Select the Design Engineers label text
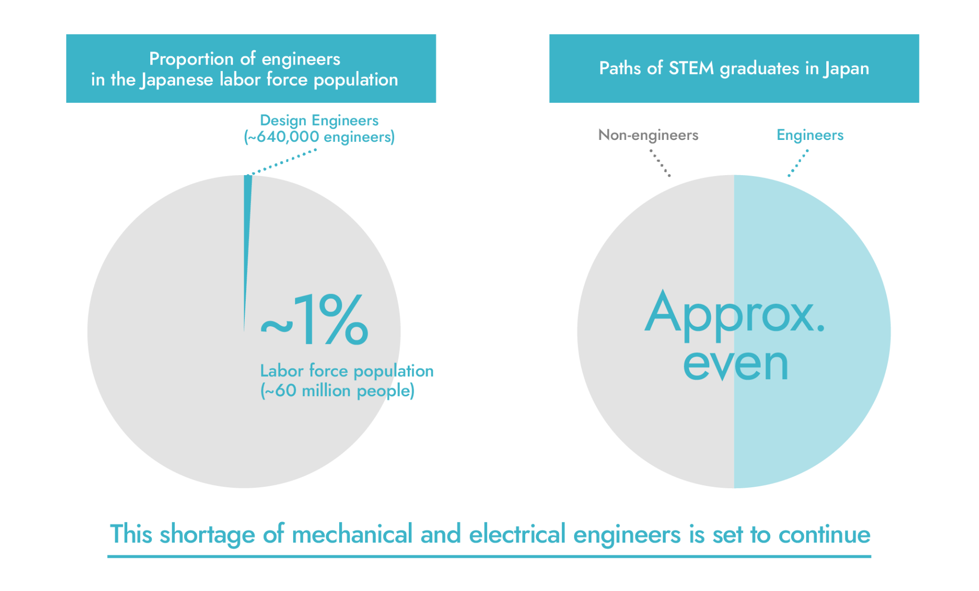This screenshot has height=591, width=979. [x=319, y=120]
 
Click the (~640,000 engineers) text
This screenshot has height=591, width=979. [x=319, y=137]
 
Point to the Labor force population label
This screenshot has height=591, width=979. [x=347, y=371]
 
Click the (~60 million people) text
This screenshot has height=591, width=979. [x=337, y=390]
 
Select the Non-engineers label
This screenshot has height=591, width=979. [x=648, y=135]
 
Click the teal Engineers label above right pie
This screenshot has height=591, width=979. [x=810, y=135]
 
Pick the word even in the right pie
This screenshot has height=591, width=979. [x=735, y=364]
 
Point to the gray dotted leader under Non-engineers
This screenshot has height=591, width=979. [x=660, y=163]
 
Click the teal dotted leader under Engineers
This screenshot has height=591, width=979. [x=798, y=163]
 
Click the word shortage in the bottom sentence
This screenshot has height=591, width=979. [x=208, y=534]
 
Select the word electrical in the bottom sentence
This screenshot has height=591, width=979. [x=517, y=534]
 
